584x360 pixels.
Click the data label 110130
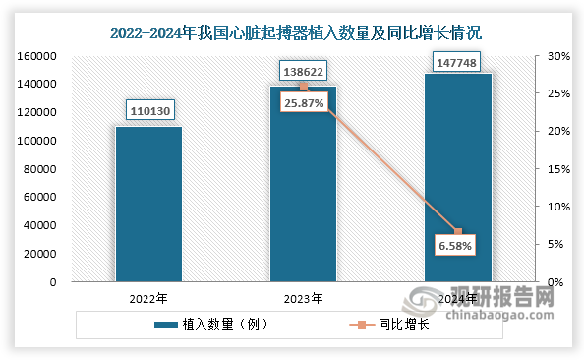[148, 110]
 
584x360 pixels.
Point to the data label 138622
[303, 72]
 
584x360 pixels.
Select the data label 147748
[457, 64]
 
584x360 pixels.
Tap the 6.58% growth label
[455, 243]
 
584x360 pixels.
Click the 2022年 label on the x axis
[148, 297]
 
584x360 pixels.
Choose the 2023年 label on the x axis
[303, 297]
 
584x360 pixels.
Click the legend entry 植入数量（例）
[219, 324]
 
